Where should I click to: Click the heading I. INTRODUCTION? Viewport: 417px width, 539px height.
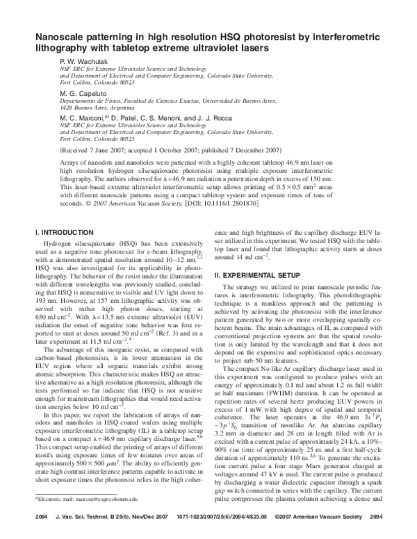click(65, 231)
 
